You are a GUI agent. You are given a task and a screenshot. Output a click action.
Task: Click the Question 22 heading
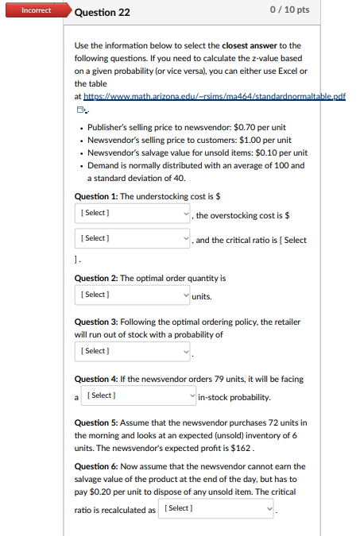[x=102, y=13]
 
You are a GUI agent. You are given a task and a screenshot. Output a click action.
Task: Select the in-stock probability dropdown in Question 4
[x=139, y=395]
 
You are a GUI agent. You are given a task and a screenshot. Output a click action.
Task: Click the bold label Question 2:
[x=95, y=279]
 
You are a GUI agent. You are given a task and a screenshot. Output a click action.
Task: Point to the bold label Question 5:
[x=95, y=422]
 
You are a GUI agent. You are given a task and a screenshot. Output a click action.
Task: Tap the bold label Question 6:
[x=95, y=467]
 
